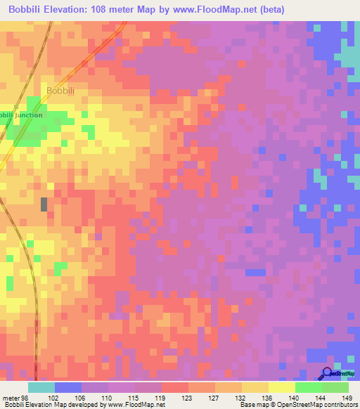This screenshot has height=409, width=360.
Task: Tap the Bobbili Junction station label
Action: tap(20, 115)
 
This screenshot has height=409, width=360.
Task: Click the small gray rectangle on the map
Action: tap(44, 204)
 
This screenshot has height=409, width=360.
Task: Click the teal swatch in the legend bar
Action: tap(41, 387)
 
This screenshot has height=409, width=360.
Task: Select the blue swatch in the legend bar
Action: tap(68, 387)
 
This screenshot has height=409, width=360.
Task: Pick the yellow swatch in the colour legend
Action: tap(282, 387)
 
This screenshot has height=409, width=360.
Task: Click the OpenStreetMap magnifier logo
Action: tap(328, 374)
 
